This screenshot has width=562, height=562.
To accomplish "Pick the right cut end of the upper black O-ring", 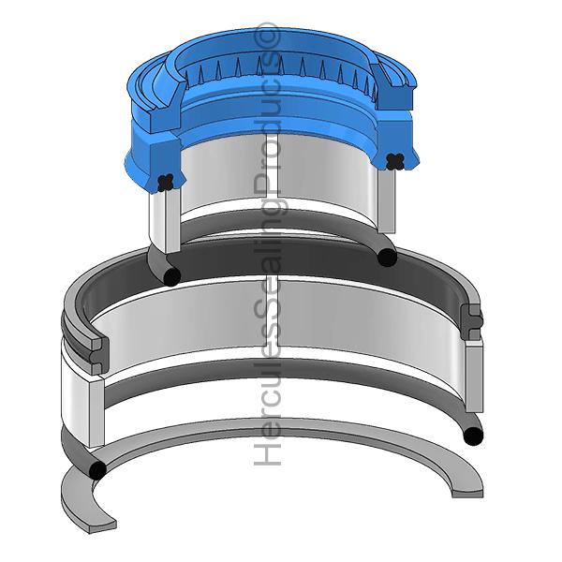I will click(x=386, y=256).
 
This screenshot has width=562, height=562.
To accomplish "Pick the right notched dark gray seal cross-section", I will click(x=472, y=319).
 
